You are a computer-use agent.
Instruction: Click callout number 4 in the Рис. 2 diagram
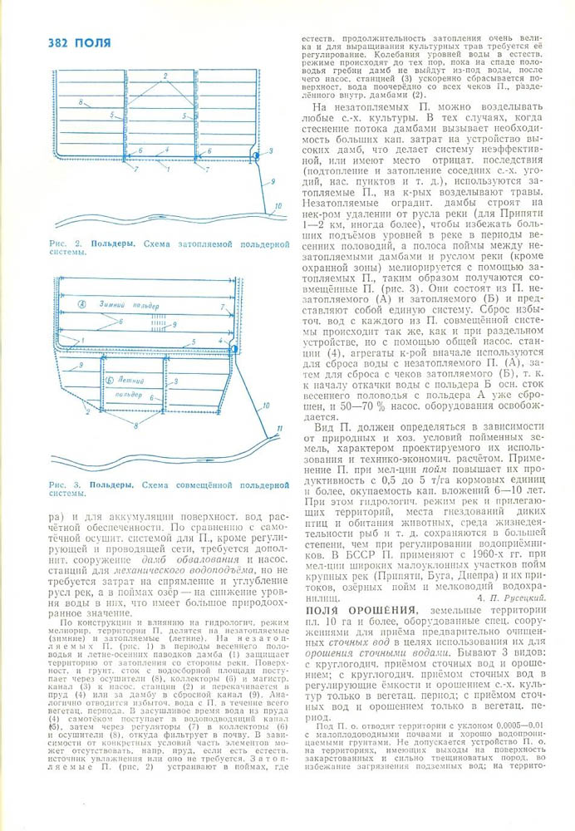click(167, 150)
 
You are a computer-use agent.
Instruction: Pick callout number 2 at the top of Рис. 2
click(165, 76)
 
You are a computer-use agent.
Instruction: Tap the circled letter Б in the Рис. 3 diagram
click(111, 378)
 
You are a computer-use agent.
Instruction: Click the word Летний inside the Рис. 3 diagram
click(130, 378)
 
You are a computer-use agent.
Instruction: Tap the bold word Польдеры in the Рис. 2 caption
click(111, 246)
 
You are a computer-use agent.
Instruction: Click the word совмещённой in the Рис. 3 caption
click(209, 484)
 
